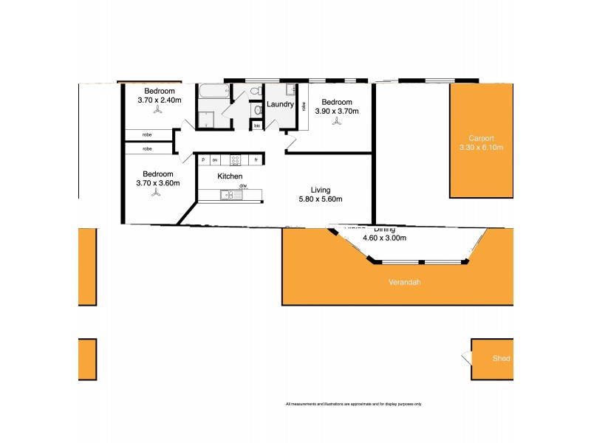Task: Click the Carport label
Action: [x=481, y=138]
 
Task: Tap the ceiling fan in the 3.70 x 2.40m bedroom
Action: [x=158, y=111]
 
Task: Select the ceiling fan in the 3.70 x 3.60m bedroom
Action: [x=157, y=193]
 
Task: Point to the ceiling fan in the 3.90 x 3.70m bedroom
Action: [x=337, y=122]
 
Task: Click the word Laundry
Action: [x=281, y=105]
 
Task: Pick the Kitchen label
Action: [x=230, y=176]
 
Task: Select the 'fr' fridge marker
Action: [x=256, y=159]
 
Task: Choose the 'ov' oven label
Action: [x=215, y=159]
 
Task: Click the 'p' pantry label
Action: [x=202, y=159]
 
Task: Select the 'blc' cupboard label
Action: [x=257, y=126]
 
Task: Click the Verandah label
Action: [x=403, y=282]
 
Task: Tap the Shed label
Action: [x=501, y=359]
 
